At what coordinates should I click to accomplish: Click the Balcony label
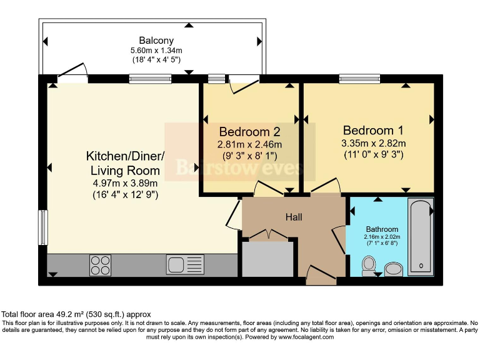pos(156,41)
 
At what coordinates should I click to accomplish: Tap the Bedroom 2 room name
pos(249,132)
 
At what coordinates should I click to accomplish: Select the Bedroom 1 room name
pos(373,131)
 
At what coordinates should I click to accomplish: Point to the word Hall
pos(294,217)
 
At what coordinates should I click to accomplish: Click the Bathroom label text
pos(382,229)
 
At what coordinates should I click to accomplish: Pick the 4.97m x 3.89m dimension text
pos(125,183)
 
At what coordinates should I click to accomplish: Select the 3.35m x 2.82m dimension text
pos(374,143)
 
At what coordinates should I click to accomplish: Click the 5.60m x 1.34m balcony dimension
pos(156,50)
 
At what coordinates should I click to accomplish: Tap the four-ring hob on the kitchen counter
pos(101,266)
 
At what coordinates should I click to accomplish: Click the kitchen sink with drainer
pos(185,264)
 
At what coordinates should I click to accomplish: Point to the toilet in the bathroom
pos(369,266)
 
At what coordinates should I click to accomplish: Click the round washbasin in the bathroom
pos(394,269)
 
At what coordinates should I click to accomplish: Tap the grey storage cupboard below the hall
pos(268,259)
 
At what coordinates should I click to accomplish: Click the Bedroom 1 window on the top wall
pos(359,79)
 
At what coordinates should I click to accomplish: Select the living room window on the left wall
pos(43,227)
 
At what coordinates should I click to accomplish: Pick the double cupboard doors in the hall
pos(269,234)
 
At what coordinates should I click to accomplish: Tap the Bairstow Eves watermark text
pos(240,167)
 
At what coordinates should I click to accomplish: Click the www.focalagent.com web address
pos(306,337)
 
